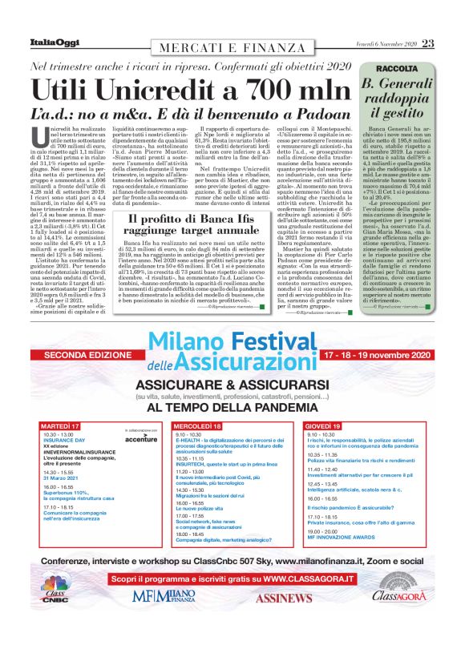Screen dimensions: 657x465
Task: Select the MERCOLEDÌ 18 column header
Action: coord(198,425)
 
